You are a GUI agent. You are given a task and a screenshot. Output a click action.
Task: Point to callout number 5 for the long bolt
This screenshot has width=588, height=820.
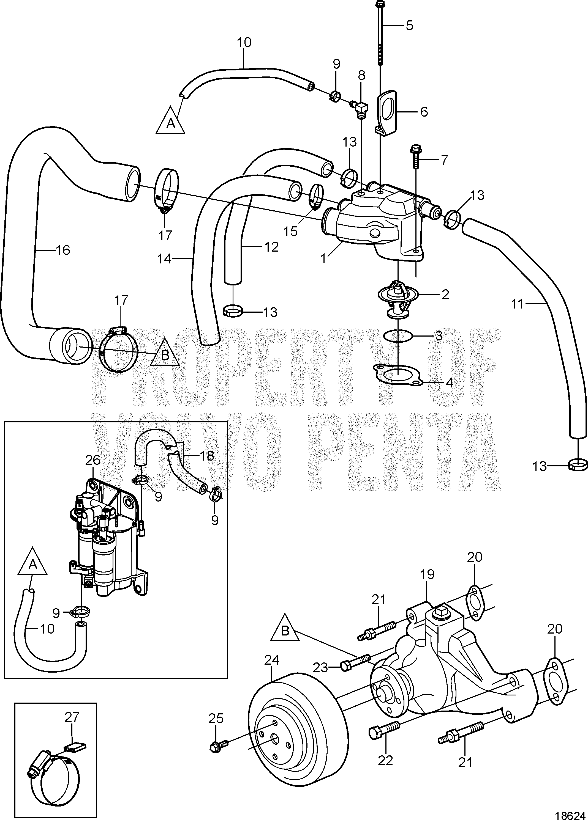(x=409, y=25)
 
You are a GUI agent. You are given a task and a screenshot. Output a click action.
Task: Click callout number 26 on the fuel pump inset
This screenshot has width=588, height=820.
(x=93, y=460)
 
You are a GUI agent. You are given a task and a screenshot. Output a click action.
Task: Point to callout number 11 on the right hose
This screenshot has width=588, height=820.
(x=518, y=304)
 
